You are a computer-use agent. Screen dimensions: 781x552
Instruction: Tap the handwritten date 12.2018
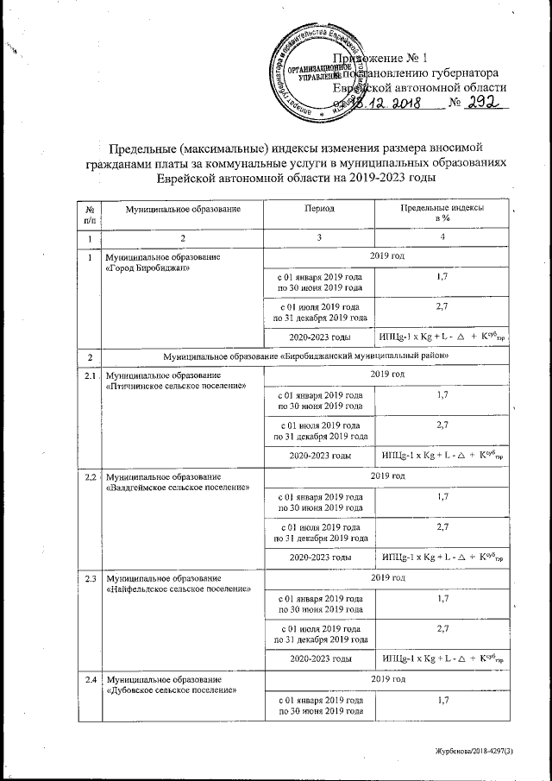tap(389, 105)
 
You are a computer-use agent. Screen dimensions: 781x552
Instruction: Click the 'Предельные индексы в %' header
tap(442, 214)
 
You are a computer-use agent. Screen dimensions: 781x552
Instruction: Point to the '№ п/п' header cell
tap(89, 214)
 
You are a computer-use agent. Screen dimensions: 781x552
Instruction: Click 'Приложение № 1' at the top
tap(388, 58)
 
